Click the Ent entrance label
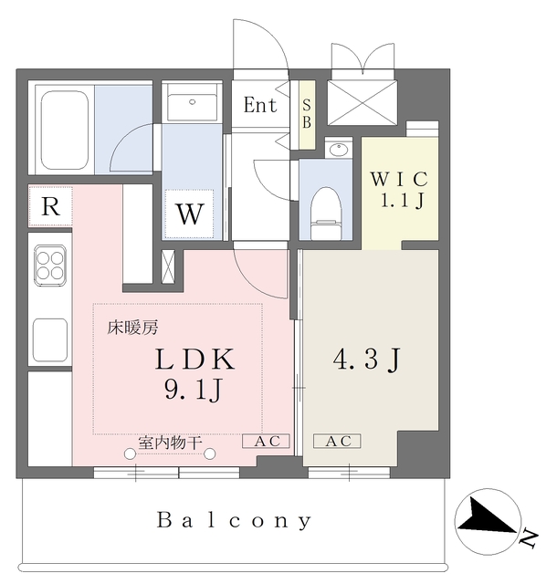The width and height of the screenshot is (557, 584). click(259, 105)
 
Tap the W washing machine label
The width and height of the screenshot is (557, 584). click(189, 215)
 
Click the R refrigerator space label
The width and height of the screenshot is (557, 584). click(50, 206)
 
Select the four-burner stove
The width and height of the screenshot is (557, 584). click(51, 266)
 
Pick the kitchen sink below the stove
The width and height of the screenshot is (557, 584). click(51, 338)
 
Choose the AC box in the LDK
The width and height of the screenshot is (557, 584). click(265, 442)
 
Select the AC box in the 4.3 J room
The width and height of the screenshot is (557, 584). click(338, 442)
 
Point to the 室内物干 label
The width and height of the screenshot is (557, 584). click(169, 442)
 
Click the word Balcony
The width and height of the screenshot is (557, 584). click(235, 521)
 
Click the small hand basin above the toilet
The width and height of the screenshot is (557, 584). click(339, 150)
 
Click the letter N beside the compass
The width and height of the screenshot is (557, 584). click(527, 539)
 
